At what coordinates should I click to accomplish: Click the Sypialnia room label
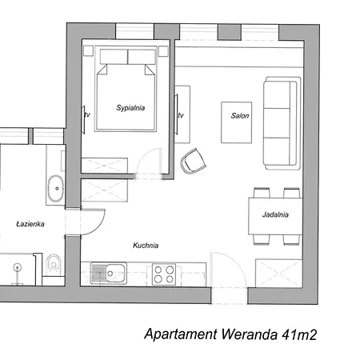coord(130,106)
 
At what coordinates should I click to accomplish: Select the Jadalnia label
coord(274,214)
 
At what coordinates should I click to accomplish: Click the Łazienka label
coord(30,225)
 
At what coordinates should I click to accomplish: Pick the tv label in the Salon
coord(181,115)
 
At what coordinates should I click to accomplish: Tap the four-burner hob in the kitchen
coord(164,274)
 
